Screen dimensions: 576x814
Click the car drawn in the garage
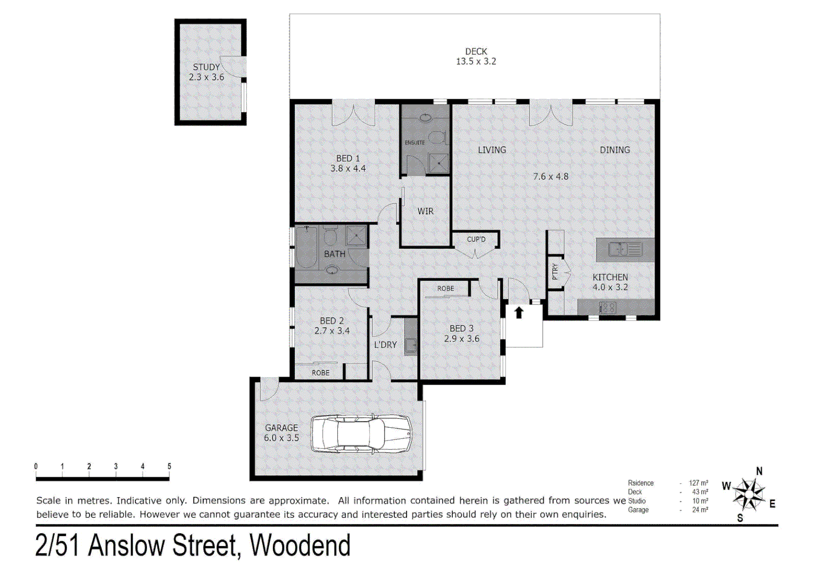(x=361, y=434)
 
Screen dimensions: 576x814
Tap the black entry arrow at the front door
(x=519, y=313)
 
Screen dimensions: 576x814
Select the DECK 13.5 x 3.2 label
(x=476, y=57)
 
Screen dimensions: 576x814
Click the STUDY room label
(x=206, y=67)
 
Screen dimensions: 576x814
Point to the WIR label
(x=425, y=211)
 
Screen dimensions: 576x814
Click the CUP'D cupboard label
(x=476, y=239)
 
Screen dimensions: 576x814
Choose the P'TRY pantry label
(x=555, y=271)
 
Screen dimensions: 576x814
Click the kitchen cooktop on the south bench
(x=608, y=307)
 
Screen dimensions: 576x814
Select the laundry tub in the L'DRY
(x=410, y=346)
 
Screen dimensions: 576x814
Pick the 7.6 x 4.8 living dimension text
(x=550, y=177)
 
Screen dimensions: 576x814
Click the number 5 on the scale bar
(x=169, y=466)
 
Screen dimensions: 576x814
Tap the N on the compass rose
(x=759, y=471)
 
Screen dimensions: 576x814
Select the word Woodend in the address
(x=300, y=546)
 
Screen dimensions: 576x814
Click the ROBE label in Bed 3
(x=445, y=289)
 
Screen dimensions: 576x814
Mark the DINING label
(x=615, y=150)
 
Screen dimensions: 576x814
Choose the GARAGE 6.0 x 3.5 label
(x=281, y=433)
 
